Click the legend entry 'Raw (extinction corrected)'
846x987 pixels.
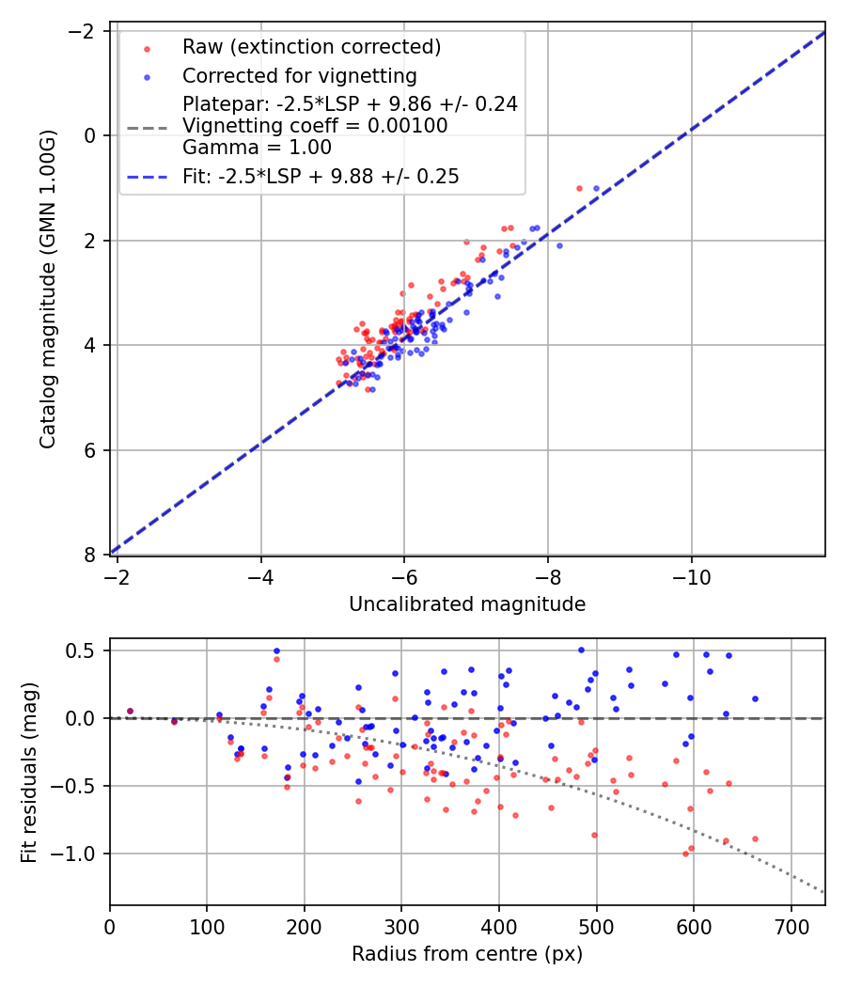coord(311,47)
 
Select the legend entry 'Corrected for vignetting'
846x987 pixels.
coord(299,75)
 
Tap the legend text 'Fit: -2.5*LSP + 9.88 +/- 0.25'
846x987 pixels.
coord(321,177)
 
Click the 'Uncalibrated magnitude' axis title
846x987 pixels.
coord(467,604)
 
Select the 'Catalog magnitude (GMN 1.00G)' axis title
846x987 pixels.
coord(49,290)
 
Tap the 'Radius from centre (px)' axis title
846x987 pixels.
coord(467,954)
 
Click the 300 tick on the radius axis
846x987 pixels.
coord(401,925)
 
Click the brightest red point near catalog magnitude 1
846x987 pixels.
coord(579,188)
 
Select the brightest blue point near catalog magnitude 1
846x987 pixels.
coord(596,188)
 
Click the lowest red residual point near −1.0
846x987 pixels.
coord(685,854)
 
